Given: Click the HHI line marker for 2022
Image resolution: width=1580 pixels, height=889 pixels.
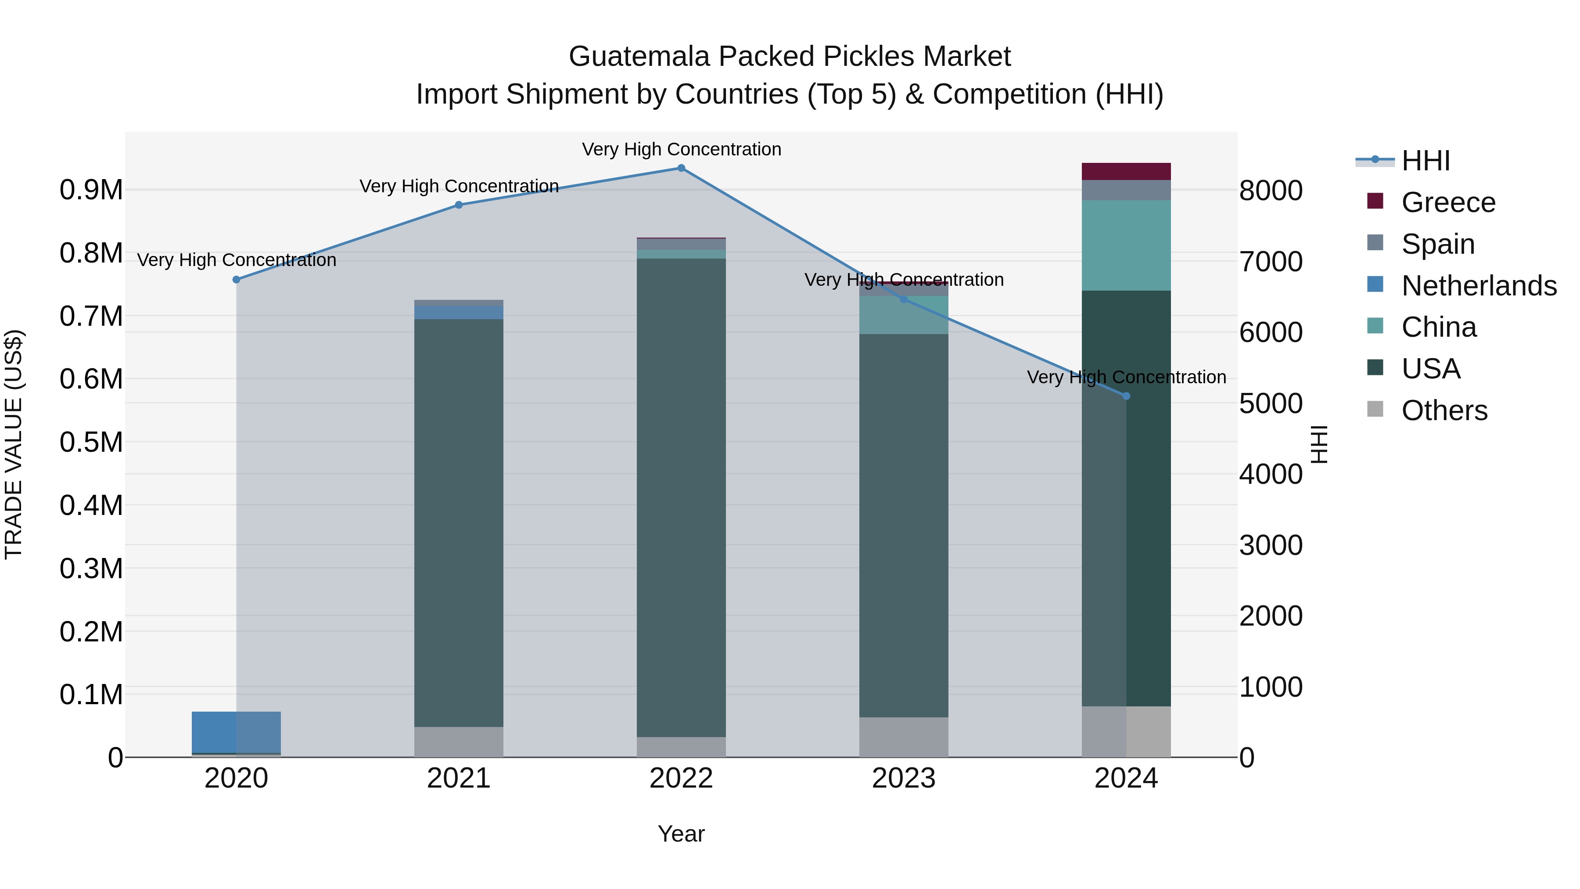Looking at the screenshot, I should pyautogui.click(x=681, y=168).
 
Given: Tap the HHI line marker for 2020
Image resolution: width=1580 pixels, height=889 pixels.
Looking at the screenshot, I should pyautogui.click(x=236, y=280).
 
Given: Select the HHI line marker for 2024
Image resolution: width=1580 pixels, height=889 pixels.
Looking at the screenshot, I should pyautogui.click(x=1126, y=396).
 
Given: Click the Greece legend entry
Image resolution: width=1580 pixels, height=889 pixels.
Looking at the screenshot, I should pyautogui.click(x=1448, y=202).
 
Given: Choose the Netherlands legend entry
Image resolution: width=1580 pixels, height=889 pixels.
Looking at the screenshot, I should pyautogui.click(x=1479, y=286).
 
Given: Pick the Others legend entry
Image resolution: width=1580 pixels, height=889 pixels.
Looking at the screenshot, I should pyautogui.click(x=1444, y=410).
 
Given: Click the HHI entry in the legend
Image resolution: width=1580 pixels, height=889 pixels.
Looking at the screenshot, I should pyautogui.click(x=1426, y=161).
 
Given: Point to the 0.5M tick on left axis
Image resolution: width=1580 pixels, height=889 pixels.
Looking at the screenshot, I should pyautogui.click(x=91, y=443).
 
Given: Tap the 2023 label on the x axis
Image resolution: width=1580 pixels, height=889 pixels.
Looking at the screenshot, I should pyautogui.click(x=904, y=778).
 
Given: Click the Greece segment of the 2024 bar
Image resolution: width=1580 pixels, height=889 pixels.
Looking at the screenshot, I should pyautogui.click(x=1126, y=172).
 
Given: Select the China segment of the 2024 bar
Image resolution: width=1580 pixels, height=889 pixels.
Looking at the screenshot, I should pyautogui.click(x=1126, y=245).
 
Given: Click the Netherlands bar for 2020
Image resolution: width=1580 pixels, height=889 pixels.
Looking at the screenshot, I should pyautogui.click(x=236, y=732).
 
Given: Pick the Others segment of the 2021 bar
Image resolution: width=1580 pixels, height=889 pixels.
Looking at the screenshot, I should pyautogui.click(x=459, y=742).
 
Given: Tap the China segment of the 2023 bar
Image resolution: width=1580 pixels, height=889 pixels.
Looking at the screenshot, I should pyautogui.click(x=904, y=315).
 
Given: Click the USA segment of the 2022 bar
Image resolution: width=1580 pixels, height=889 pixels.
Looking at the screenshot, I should pyautogui.click(x=681, y=497).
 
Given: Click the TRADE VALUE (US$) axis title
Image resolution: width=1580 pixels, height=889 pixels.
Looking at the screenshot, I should pyautogui.click(x=14, y=444).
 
